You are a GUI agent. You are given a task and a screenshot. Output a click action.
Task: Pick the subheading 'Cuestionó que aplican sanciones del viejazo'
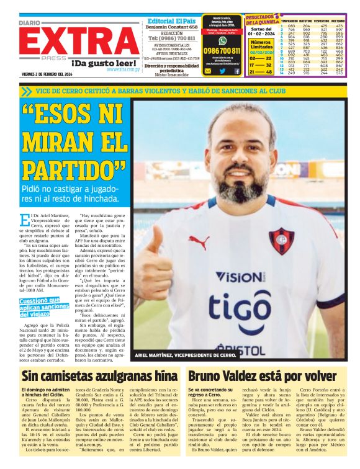(46, 307)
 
